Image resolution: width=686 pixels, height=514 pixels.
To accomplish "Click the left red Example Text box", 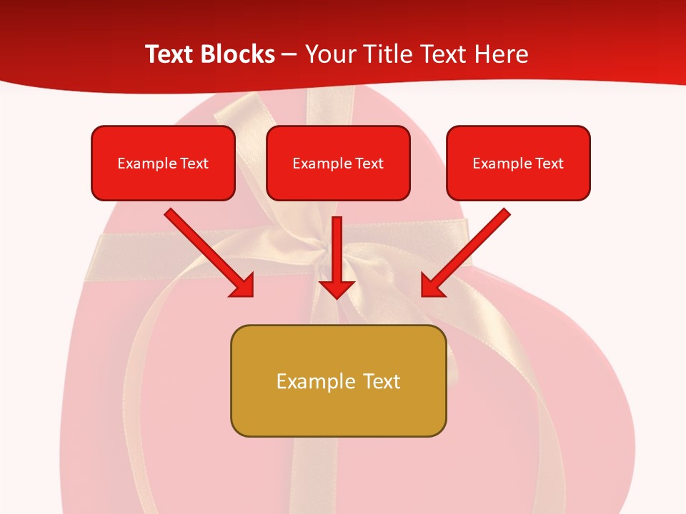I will (163, 163).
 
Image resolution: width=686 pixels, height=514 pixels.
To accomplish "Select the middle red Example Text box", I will (338, 163).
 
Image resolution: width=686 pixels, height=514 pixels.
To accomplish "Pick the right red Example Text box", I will (518, 163).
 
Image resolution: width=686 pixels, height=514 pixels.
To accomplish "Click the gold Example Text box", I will (338, 381).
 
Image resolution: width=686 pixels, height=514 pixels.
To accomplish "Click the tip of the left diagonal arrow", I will (252, 295).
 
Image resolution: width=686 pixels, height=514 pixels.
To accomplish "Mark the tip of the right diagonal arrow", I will (423, 295).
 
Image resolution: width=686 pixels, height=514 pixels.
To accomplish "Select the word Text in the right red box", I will (550, 163).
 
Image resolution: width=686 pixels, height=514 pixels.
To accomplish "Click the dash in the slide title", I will (290, 55).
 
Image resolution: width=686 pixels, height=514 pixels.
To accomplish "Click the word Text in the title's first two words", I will (171, 54).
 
